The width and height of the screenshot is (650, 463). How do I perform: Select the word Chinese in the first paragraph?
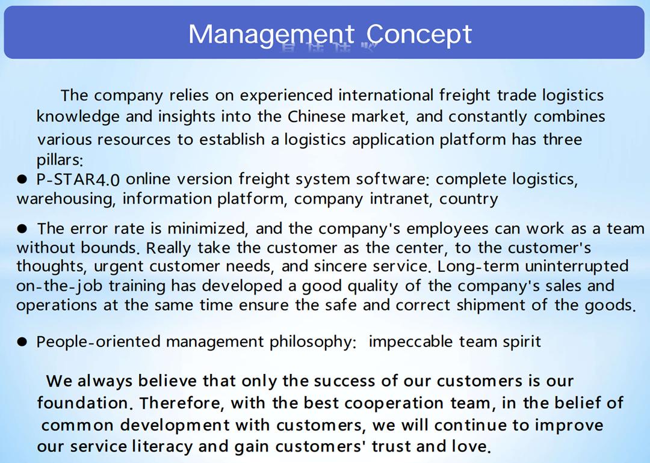click(x=317, y=117)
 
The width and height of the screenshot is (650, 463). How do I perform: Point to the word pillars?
click(x=60, y=160)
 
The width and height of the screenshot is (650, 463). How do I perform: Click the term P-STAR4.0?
click(x=78, y=180)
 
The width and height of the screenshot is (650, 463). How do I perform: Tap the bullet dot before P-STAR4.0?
click(x=22, y=179)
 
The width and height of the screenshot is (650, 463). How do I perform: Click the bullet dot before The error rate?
click(x=22, y=228)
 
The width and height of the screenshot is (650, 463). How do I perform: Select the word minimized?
click(x=208, y=228)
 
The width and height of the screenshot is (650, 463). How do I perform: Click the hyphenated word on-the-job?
click(x=59, y=286)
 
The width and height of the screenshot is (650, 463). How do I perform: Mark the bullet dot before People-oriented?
click(x=22, y=342)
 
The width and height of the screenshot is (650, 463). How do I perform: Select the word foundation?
click(x=83, y=403)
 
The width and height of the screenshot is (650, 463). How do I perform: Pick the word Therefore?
click(x=182, y=403)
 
